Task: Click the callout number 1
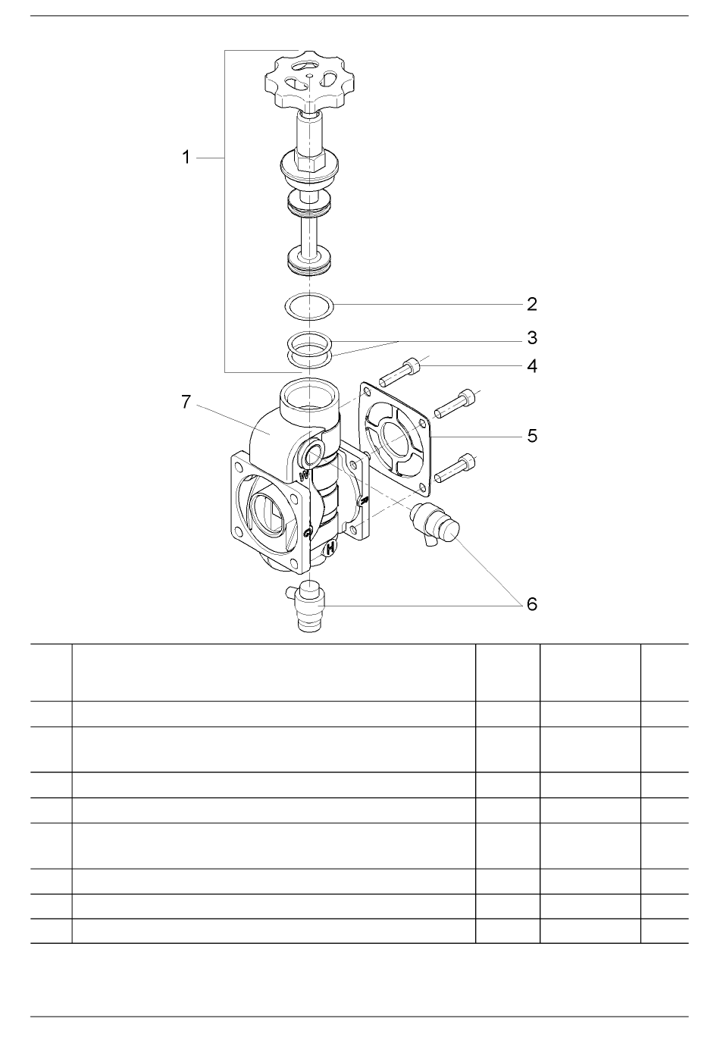[186, 158]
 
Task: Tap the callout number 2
[532, 304]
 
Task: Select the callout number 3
[532, 338]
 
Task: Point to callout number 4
[532, 366]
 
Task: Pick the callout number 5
[532, 436]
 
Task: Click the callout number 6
[532, 604]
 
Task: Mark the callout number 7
[186, 403]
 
